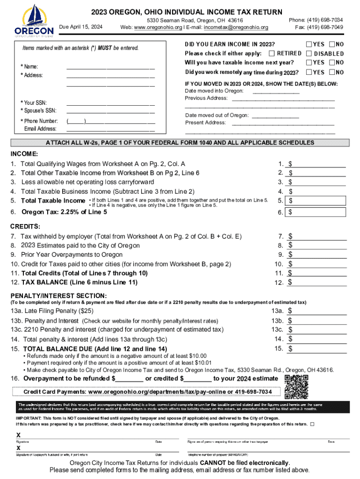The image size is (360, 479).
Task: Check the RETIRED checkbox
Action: [x=274, y=53]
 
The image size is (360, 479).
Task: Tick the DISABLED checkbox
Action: [x=309, y=53]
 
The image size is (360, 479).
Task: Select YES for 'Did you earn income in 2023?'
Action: [x=309, y=44]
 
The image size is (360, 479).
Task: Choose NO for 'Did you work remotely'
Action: [x=332, y=72]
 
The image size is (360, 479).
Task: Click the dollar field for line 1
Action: [x=319, y=164]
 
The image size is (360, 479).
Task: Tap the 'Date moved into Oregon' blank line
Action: [x=275, y=91]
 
